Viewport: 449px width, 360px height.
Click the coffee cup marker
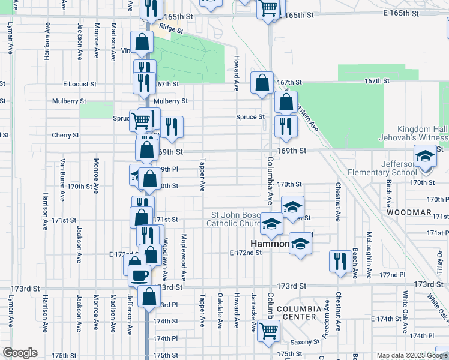pos(140,275)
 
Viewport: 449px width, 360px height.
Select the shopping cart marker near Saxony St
pos(269,329)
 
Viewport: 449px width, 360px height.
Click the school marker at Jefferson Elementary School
pos(425,157)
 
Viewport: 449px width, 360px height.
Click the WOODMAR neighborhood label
pos(409,212)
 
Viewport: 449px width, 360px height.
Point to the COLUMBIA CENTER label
pos(295,312)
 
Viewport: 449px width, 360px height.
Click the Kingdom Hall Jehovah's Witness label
pos(422,134)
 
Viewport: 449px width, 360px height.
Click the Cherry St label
pos(65,135)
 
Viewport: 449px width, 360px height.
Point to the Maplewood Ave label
pos(183,259)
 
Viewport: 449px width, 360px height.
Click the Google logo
pos(19,353)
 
